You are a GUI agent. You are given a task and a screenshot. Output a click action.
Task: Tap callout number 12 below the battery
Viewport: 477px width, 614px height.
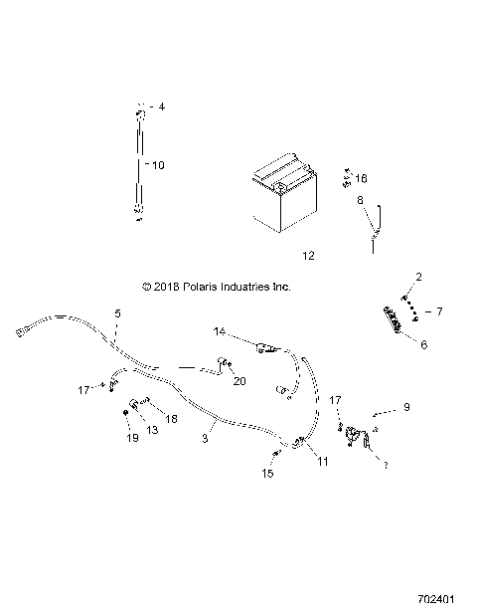click(x=308, y=256)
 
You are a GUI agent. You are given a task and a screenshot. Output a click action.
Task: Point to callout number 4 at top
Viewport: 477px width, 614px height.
click(x=163, y=105)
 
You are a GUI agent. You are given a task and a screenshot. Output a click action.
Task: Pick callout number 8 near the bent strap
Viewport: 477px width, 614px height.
click(x=361, y=200)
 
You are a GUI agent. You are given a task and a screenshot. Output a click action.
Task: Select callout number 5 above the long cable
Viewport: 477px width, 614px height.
click(x=117, y=313)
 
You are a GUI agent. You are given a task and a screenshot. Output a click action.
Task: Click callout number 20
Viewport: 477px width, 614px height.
click(x=238, y=380)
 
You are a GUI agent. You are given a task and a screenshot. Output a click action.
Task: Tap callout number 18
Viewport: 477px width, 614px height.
click(x=171, y=419)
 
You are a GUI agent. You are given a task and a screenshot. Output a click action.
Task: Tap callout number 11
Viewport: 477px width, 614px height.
click(x=321, y=459)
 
